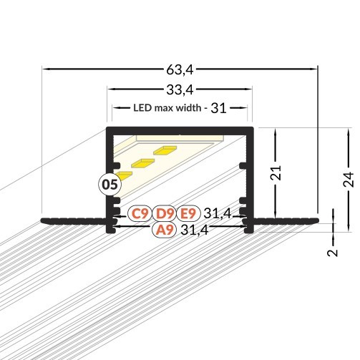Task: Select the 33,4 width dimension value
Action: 180,89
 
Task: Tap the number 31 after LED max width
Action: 218,109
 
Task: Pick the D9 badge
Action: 164,213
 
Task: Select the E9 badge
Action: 188,213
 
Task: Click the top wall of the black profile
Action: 180,130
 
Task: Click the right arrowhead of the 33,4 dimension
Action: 250,89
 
